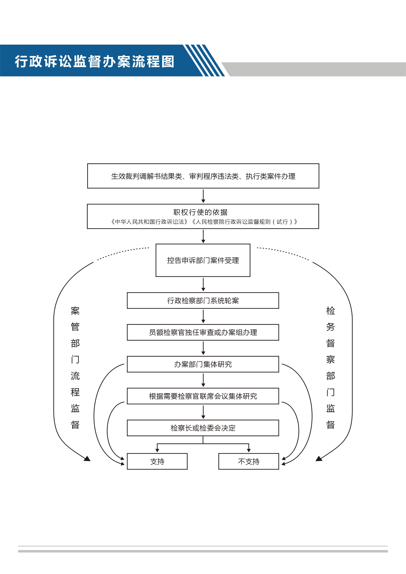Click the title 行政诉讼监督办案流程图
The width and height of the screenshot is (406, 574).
click(94, 62)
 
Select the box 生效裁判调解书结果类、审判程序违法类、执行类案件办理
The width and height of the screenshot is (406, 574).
click(203, 176)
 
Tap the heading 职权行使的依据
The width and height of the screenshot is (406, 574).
click(201, 212)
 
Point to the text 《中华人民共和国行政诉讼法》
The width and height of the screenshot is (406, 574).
click(149, 222)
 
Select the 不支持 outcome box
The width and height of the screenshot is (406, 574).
click(249, 461)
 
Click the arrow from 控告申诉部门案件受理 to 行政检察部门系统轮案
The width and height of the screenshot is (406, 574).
click(203, 284)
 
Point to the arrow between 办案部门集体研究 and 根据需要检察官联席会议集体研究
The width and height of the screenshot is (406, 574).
click(203, 380)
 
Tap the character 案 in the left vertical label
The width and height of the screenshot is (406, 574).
click(75, 311)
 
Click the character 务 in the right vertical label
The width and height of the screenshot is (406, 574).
click(331, 327)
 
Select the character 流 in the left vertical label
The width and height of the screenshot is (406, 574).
click(75, 375)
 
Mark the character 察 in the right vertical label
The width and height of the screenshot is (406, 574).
click(331, 359)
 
